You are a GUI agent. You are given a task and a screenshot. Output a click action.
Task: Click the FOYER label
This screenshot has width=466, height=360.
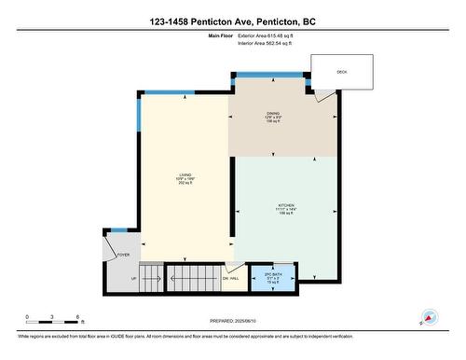pos(123,253)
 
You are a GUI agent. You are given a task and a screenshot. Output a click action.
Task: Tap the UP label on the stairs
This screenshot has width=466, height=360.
pos(133,278)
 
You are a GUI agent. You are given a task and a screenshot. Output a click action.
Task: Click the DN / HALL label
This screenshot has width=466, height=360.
pos(231,278)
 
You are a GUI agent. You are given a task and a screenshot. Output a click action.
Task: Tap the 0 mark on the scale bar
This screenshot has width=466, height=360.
pos(27,317)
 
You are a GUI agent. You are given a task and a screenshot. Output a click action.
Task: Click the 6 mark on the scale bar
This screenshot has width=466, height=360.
pos(79,317)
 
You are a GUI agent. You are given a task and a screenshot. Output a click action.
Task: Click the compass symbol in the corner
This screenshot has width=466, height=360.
pos(429,318)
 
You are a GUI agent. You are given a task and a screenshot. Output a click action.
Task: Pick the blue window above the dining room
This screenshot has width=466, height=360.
pos(269,75)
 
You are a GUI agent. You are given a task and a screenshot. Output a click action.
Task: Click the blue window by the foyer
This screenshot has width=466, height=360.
pos(118,228)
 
